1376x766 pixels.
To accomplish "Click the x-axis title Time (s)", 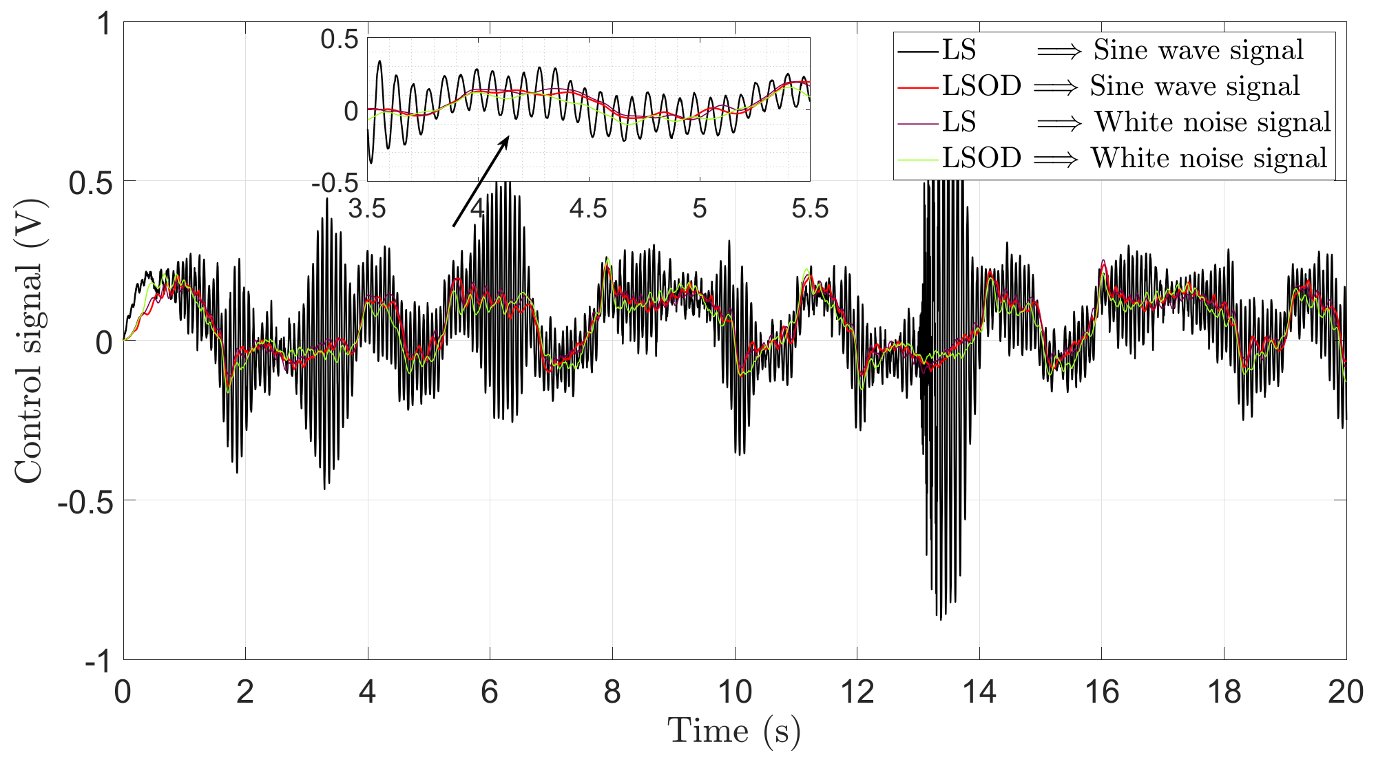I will [734, 731].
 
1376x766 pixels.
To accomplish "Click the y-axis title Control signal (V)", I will [30, 341].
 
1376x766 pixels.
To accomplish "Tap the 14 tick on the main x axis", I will [979, 692].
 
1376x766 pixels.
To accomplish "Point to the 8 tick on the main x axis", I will [612, 692].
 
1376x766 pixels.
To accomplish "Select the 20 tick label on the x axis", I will [1346, 692].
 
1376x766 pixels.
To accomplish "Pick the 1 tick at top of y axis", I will [103, 24].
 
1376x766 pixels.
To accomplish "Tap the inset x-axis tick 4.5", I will [588, 209].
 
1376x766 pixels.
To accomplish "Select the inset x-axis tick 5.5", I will [809, 209].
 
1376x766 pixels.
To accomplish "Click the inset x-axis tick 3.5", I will [366, 209].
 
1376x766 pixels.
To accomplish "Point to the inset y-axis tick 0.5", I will [340, 39].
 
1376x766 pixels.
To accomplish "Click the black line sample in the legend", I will [918, 51].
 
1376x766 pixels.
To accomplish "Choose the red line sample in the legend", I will [918, 87].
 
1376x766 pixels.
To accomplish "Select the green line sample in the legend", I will [918, 159].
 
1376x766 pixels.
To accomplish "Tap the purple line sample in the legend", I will [918, 123].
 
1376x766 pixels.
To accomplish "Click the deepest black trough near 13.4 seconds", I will [941, 618].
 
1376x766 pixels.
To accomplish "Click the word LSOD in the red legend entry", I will [981, 87].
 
